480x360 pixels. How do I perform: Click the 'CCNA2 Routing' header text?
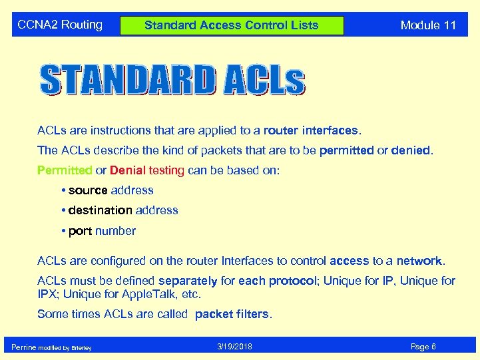(60, 25)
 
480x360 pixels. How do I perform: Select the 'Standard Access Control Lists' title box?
(232, 26)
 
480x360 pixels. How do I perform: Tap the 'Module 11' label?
(428, 25)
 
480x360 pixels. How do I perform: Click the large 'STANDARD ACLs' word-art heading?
(172, 80)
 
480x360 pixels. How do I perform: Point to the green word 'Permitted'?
(65, 170)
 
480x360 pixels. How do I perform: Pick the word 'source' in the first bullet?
(88, 190)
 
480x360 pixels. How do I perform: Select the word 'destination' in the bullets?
(100, 210)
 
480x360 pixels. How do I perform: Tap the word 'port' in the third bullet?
(80, 231)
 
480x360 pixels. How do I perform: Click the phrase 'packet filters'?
(233, 313)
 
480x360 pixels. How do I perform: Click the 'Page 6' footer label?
(423, 347)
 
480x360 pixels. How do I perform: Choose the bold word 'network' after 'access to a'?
(419, 261)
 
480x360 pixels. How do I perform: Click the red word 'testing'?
(166, 170)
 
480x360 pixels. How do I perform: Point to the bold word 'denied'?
(411, 150)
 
